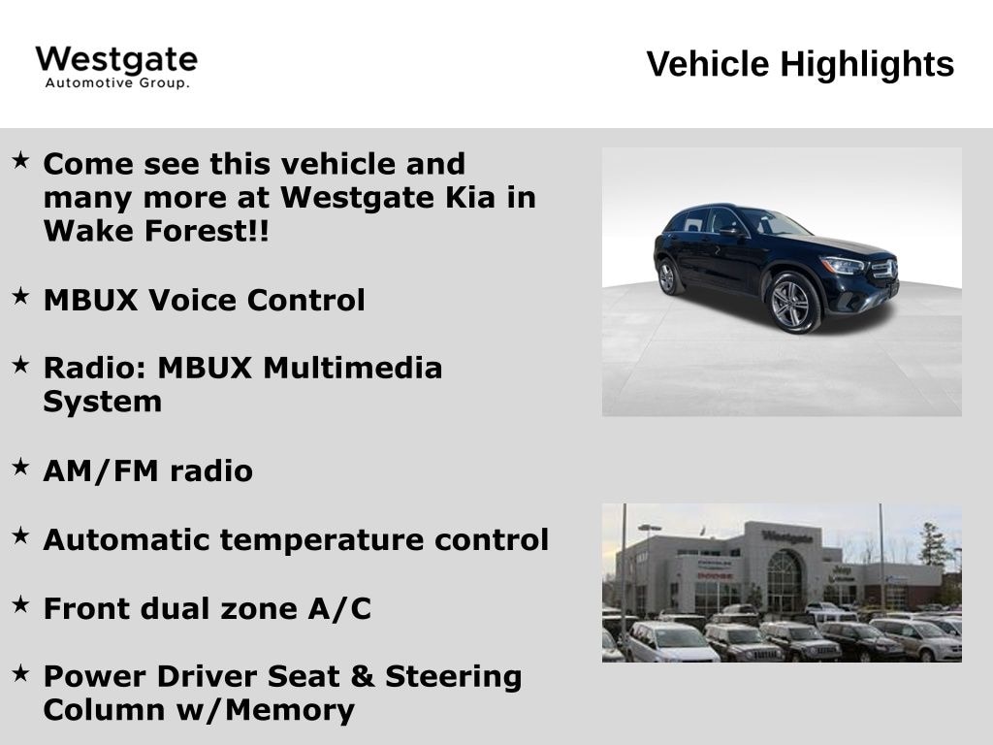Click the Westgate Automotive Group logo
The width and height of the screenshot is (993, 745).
(116, 67)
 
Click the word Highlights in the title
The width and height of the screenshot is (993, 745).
(867, 65)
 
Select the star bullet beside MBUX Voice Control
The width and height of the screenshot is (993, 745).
(20, 295)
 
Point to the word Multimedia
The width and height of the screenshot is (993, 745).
(353, 368)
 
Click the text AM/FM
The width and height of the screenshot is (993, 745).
(101, 470)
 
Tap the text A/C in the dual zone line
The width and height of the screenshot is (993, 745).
(340, 609)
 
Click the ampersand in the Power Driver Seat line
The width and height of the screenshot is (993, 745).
(363, 676)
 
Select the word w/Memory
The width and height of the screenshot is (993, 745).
(266, 710)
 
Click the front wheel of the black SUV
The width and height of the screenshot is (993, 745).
(791, 304)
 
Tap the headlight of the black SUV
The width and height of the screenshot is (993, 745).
(843, 265)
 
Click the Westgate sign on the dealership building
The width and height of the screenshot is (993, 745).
(786, 537)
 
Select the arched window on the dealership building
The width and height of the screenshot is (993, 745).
(784, 580)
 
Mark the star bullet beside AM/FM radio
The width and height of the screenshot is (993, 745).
(20, 467)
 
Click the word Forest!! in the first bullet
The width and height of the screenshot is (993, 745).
(207, 231)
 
